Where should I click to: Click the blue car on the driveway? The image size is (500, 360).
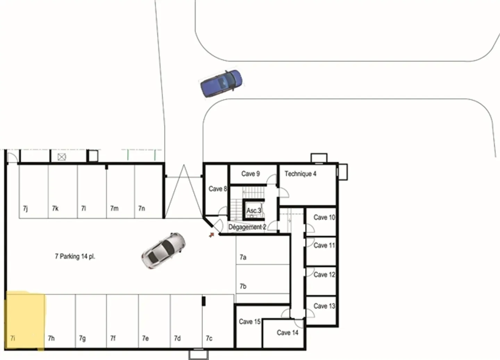[x=221, y=83]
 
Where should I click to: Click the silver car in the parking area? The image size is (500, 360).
[x=163, y=250]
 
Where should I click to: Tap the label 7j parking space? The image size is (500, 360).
[x=25, y=208]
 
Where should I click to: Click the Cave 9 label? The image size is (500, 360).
[x=250, y=174]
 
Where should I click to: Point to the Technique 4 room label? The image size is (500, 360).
[x=300, y=174]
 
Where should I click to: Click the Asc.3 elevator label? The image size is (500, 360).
[x=253, y=211]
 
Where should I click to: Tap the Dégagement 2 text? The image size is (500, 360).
[x=247, y=227]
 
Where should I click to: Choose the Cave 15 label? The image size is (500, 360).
[x=249, y=322]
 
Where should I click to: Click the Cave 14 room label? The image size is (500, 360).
[x=287, y=333]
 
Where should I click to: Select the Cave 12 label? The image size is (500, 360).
[x=324, y=275]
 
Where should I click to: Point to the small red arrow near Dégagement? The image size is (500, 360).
[x=211, y=235]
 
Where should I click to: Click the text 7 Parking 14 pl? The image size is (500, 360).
[x=75, y=256]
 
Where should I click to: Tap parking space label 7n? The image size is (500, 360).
[x=142, y=208]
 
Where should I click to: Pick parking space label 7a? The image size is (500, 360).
[x=243, y=257]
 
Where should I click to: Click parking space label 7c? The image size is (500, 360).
[x=209, y=338]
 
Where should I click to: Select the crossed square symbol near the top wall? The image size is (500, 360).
[x=62, y=157]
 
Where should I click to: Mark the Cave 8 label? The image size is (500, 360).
[x=217, y=189]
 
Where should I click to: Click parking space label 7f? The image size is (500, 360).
[x=113, y=338]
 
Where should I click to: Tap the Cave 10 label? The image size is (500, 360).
[x=324, y=218]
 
